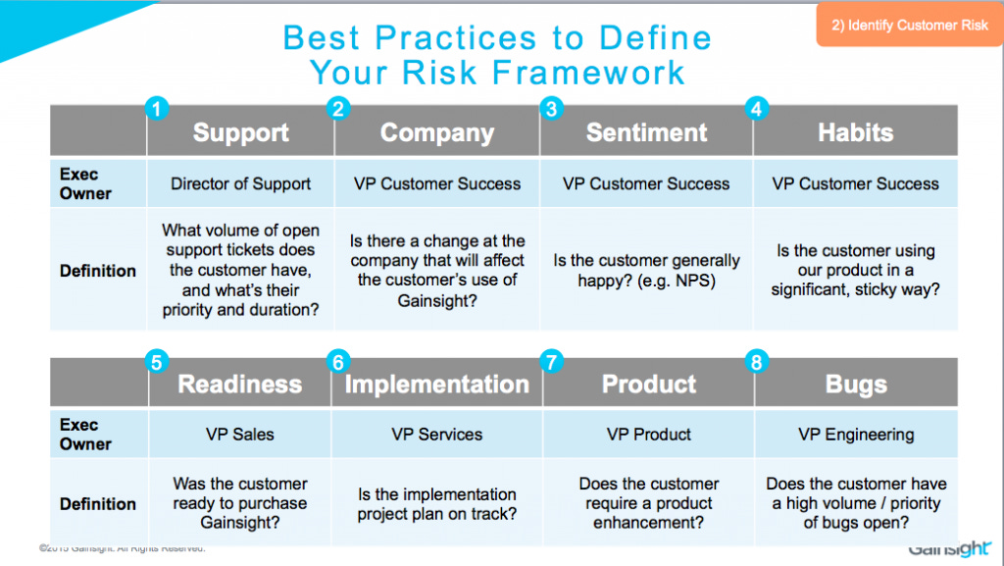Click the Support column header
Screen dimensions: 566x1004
tap(240, 132)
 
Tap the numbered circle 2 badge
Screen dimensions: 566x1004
tap(338, 109)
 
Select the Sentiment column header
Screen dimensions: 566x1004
tap(646, 132)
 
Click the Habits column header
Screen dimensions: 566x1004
tap(855, 132)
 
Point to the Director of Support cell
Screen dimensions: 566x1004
tap(240, 183)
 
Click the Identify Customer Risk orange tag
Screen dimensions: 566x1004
tap(909, 26)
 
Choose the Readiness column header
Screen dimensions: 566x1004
tap(240, 384)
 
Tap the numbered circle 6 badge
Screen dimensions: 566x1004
tap(338, 362)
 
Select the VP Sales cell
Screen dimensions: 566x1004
tap(240, 434)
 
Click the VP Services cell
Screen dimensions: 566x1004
tap(436, 434)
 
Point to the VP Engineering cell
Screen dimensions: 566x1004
tap(855, 434)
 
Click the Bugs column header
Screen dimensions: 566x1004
tap(855, 384)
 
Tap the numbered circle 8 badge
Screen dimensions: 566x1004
tap(755, 362)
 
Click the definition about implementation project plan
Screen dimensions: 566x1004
tap(436, 503)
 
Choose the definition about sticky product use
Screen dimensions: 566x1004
tap(855, 271)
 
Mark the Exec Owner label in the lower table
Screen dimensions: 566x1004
tap(85, 434)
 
